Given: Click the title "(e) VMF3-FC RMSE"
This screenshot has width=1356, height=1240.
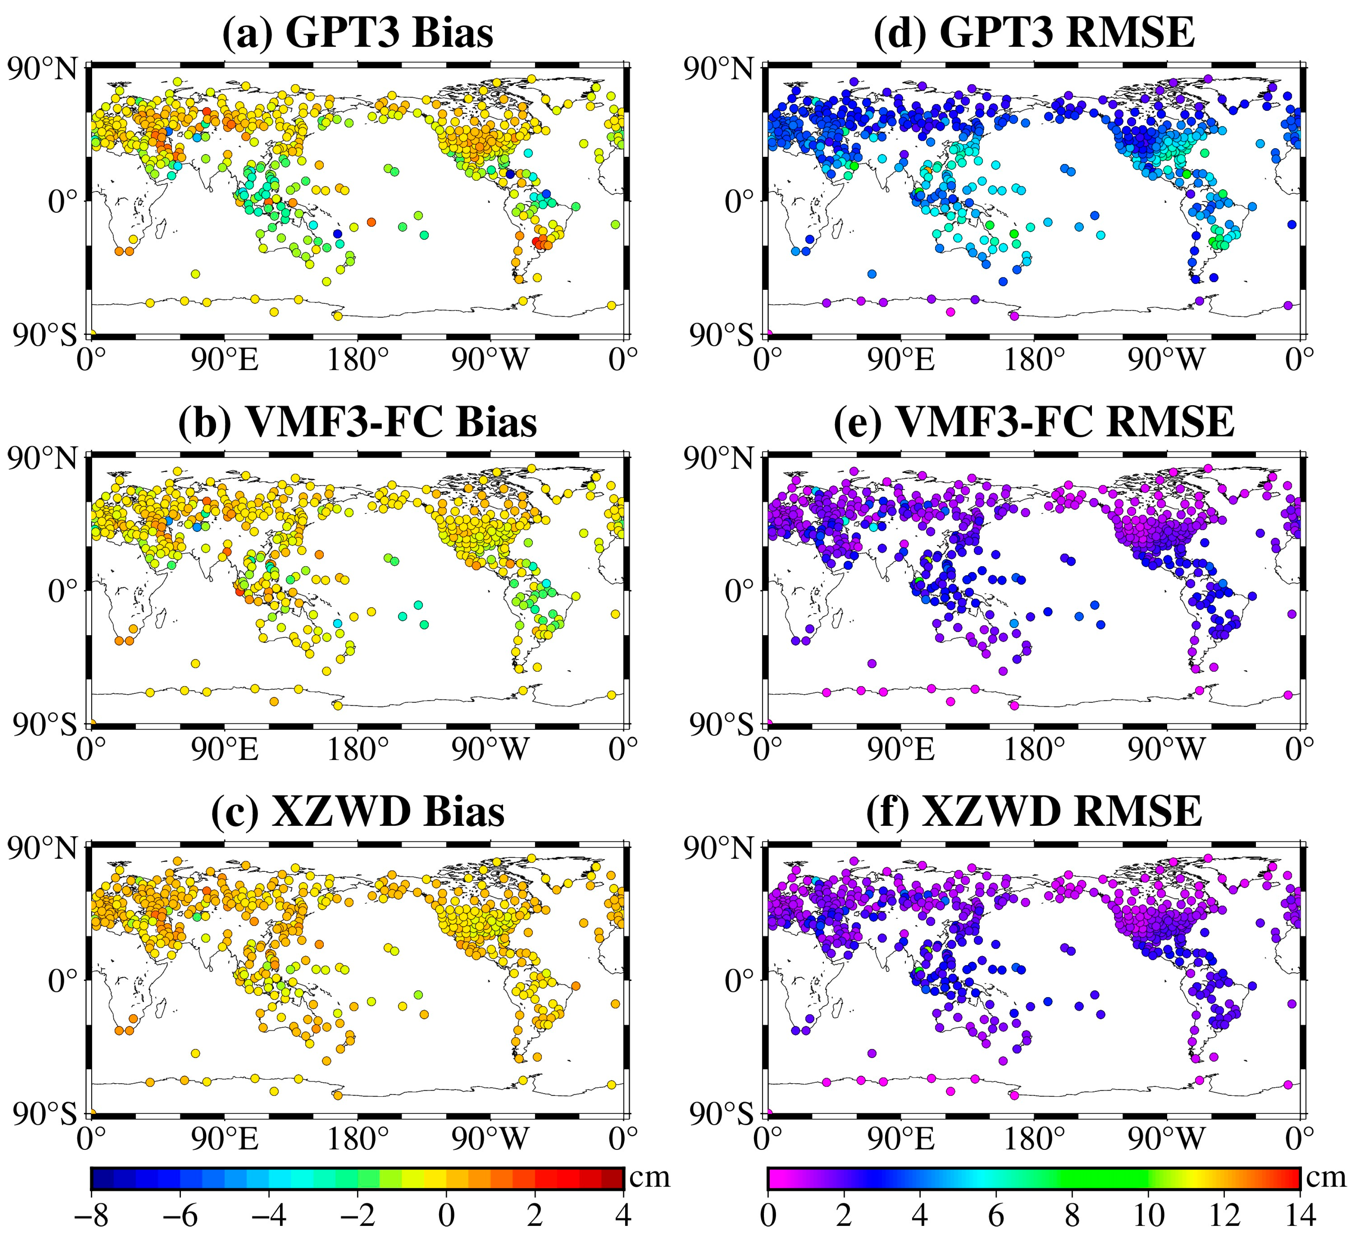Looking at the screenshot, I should tap(1034, 422).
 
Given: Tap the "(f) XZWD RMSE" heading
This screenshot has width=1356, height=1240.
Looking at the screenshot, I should tap(1034, 812).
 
